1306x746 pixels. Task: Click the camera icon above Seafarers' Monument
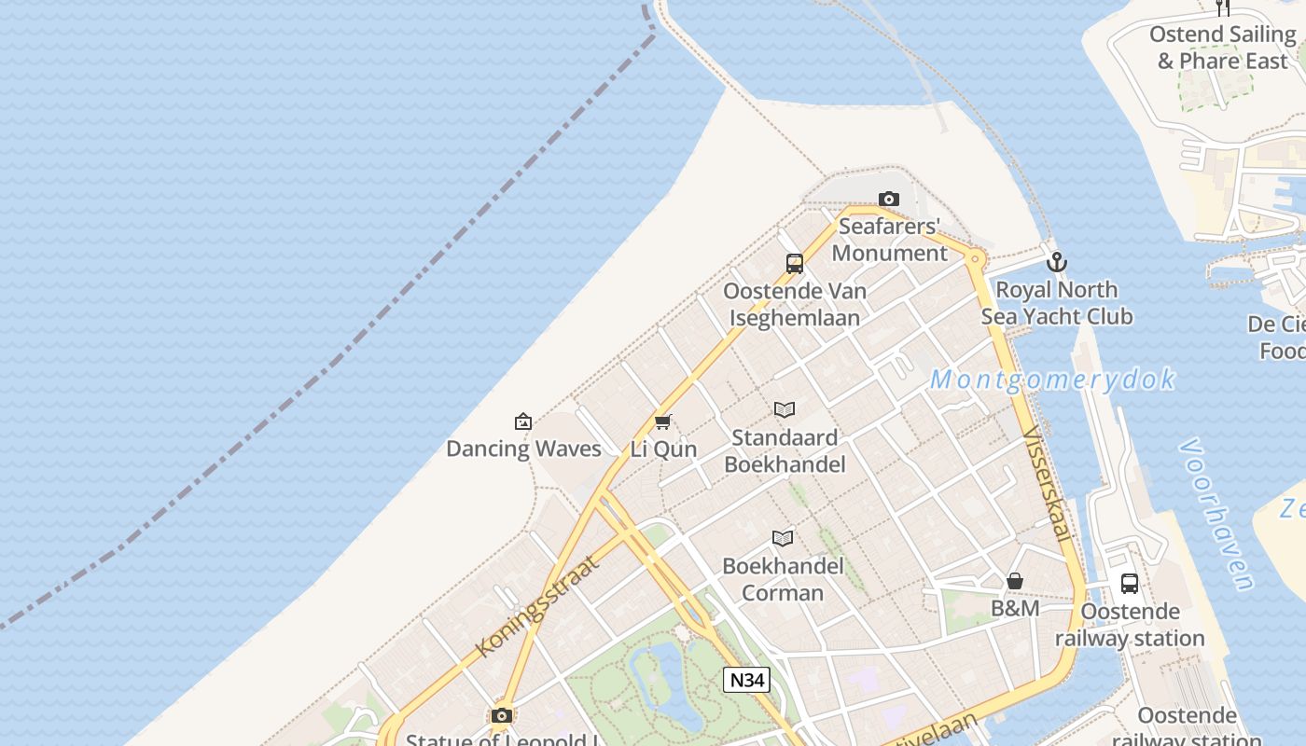pos(889,199)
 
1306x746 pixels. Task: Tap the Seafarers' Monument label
pos(889,240)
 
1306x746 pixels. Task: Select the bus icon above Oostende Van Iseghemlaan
pos(795,264)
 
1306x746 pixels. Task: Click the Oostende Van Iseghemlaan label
pos(795,304)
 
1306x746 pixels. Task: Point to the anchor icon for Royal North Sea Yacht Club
pos(1056,262)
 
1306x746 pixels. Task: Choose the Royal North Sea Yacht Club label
pos(1057,303)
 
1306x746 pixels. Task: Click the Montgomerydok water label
pos(1052,380)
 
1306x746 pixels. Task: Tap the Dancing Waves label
pos(523,449)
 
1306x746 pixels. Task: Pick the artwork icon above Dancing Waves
pos(523,421)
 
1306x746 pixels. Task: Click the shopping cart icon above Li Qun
pos(663,421)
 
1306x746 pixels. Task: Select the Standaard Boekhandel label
pos(785,450)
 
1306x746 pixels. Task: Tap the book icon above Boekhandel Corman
pos(783,538)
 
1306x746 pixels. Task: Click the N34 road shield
pos(746,680)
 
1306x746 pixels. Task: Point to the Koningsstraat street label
pos(535,607)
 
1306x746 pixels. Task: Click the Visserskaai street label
pos(1047,483)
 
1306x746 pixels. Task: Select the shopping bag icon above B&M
pos(1015,581)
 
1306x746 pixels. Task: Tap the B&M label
pos(1015,609)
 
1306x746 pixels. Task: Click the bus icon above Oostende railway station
pos(1130,584)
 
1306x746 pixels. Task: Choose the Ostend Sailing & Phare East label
pos(1222,48)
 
